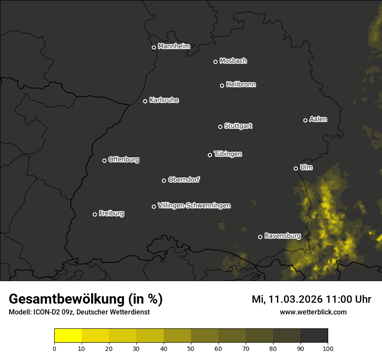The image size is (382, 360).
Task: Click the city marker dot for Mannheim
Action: (154, 48)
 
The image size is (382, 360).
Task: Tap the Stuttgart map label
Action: (238, 126)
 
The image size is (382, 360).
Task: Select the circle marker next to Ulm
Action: (296, 168)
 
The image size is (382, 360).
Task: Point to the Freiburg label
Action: (111, 213)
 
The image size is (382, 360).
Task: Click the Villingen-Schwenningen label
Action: (194, 206)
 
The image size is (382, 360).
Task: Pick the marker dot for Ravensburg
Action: (260, 237)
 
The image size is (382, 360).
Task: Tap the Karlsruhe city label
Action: (164, 100)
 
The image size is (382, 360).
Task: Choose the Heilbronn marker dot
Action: (222, 85)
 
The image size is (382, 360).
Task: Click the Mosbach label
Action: (233, 61)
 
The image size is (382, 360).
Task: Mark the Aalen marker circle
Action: (305, 120)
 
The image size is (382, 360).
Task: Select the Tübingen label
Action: (227, 154)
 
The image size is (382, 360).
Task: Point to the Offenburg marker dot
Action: (104, 160)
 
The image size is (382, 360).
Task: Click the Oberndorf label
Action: (184, 180)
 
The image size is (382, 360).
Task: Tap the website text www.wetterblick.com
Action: (313, 312)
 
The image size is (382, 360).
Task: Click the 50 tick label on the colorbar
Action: (191, 348)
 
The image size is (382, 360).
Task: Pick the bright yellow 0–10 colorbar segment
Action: (68, 336)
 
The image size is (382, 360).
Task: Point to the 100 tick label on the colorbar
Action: (328, 348)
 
